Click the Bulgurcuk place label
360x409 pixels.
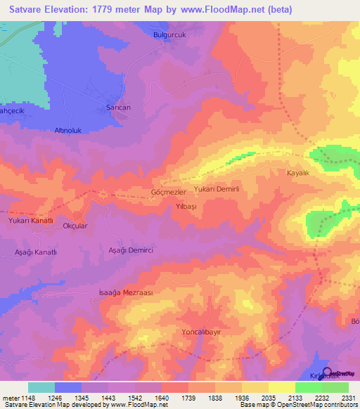tap(169, 34)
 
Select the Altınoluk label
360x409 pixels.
tap(70, 131)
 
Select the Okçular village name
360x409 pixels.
tap(75, 226)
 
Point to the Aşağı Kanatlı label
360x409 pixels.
tap(35, 252)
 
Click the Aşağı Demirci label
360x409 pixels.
tap(131, 250)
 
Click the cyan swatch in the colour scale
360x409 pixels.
tap(41, 387)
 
